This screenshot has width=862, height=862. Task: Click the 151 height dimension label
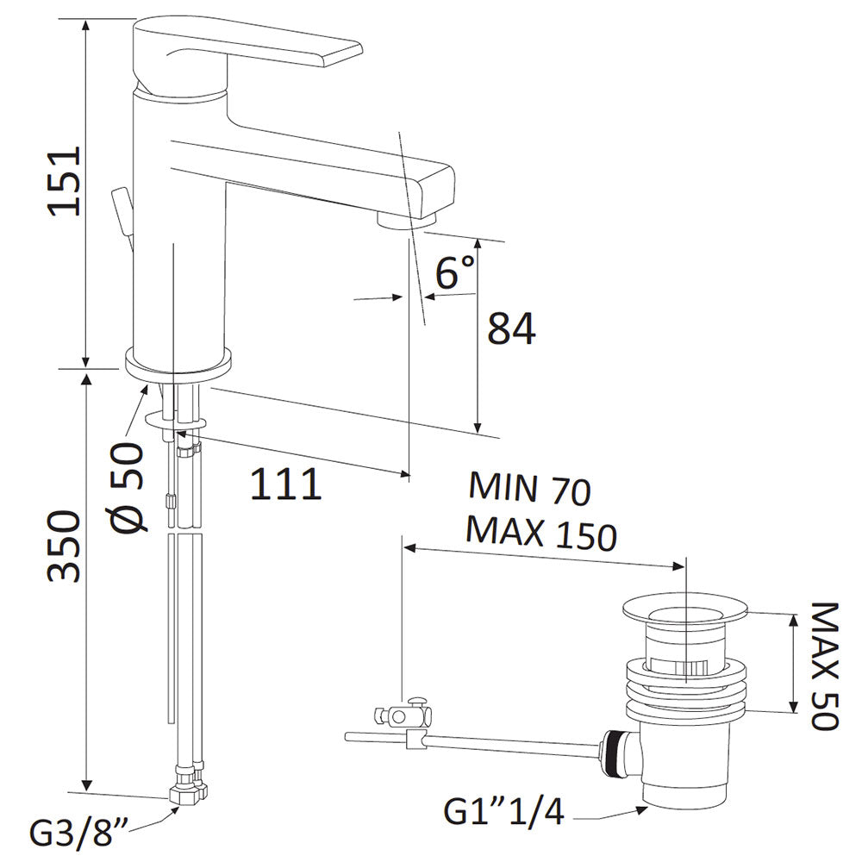tap(65, 180)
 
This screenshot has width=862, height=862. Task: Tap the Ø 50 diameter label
tap(128, 486)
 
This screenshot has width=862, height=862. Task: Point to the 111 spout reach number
tap(285, 484)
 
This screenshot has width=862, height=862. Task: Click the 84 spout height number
tap(511, 328)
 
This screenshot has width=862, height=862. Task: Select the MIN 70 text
tap(529, 489)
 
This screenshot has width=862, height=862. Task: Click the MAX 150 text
tap(541, 533)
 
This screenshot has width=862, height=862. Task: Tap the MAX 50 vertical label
tap(825, 665)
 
